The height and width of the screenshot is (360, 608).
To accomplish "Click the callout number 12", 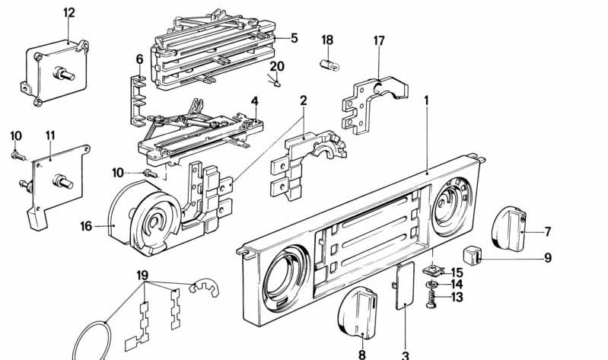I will click(69, 12).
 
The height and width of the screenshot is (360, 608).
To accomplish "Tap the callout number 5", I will click(294, 37).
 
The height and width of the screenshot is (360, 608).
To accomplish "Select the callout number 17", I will click(378, 40).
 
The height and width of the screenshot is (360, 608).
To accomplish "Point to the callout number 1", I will click(427, 100).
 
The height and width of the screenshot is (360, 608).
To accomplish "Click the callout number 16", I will click(86, 226).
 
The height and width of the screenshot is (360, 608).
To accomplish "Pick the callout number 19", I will click(142, 274).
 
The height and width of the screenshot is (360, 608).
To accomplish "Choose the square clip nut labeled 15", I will click(435, 270).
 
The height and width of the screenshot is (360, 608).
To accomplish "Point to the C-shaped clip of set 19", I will click(203, 288).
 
